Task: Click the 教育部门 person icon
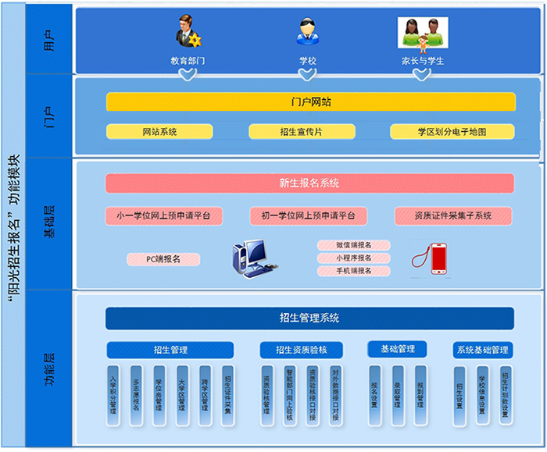coord(187,32)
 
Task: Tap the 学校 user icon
coord(307,32)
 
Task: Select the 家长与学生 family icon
coord(422,32)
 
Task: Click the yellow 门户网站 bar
coord(310,102)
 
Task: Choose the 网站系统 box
coord(159,132)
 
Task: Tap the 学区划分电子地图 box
coord(452,132)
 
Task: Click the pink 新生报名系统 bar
coord(309,183)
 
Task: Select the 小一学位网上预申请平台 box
coord(168,215)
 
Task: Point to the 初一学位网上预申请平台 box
coord(308,215)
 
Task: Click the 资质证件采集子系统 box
coord(453,215)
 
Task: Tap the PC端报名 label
coord(163,259)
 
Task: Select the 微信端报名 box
coord(353,245)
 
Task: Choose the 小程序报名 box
coord(353,258)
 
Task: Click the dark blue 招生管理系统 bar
coord(309,318)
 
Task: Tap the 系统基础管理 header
coord(482,350)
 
